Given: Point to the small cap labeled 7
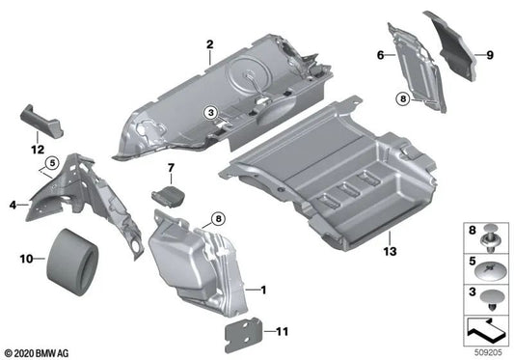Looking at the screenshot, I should (166, 194).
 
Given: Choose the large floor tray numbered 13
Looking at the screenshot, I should (328, 172).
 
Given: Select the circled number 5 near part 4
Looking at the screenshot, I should (51, 162).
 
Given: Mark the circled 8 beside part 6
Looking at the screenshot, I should (402, 97).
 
